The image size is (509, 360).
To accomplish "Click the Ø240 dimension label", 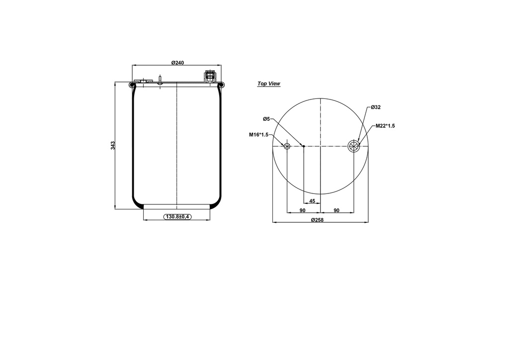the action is (177, 62).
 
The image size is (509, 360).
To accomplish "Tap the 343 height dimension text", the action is (113, 145).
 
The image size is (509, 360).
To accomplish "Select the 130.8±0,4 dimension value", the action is (177, 216).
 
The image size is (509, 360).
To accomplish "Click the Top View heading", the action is (269, 84).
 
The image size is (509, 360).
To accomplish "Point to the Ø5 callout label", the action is (266, 119).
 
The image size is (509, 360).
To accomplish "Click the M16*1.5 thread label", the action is (258, 134).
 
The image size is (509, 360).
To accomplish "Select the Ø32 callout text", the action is (376, 107).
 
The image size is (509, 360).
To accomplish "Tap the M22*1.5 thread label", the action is (385, 126).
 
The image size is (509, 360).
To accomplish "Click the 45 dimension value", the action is (312, 201).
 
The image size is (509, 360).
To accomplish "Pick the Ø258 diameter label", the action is (317, 220).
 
